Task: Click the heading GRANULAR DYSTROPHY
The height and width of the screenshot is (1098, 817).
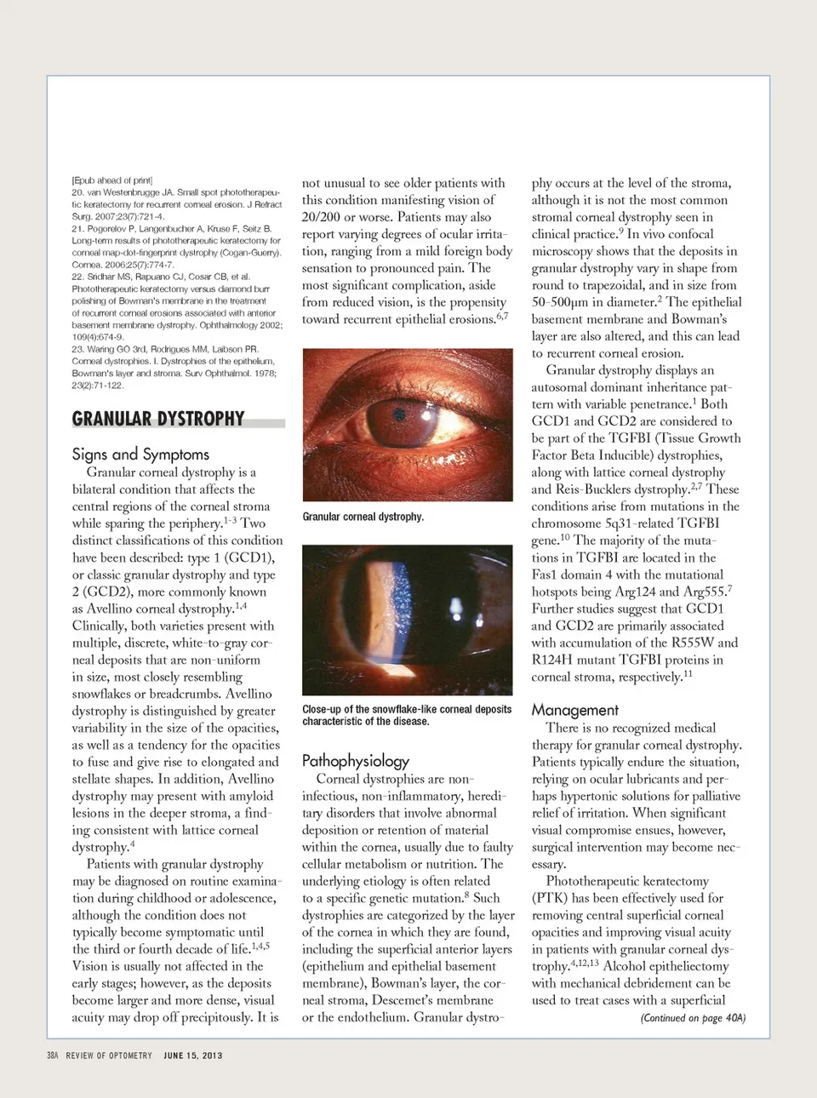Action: point(158,419)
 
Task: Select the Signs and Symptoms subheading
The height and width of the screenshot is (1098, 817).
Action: point(140,454)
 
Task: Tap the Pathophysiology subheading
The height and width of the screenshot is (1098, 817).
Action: point(356,760)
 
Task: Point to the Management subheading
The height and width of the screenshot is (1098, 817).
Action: point(575,710)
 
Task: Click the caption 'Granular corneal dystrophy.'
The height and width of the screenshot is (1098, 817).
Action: point(363,517)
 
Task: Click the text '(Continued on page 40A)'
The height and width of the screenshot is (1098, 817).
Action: point(692,1018)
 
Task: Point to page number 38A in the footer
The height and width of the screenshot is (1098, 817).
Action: point(53,1055)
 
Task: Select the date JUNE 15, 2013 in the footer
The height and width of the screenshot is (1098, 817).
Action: point(193,1055)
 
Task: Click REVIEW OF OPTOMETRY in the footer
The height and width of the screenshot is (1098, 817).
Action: point(109,1055)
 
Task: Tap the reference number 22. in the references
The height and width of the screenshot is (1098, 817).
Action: point(77,277)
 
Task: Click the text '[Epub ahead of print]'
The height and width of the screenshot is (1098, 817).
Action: point(111,180)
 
